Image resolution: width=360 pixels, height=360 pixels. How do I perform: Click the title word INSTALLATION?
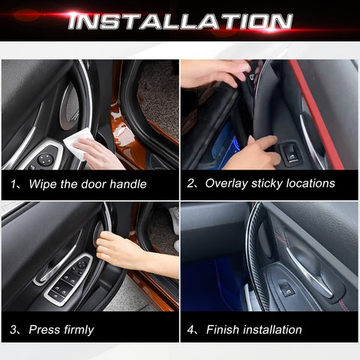coord(180,20)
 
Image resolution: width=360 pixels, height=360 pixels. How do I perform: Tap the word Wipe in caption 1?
coord(43,184)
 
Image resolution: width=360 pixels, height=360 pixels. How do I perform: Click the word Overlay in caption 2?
coord(226,184)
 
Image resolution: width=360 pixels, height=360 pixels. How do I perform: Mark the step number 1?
coord(14,184)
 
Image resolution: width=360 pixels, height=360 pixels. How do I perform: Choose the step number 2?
coord(191,184)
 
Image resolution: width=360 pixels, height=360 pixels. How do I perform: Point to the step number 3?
coord(14,329)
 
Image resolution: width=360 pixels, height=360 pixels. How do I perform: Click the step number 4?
coord(191,329)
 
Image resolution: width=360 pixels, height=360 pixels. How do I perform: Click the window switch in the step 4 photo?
coord(286,289)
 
